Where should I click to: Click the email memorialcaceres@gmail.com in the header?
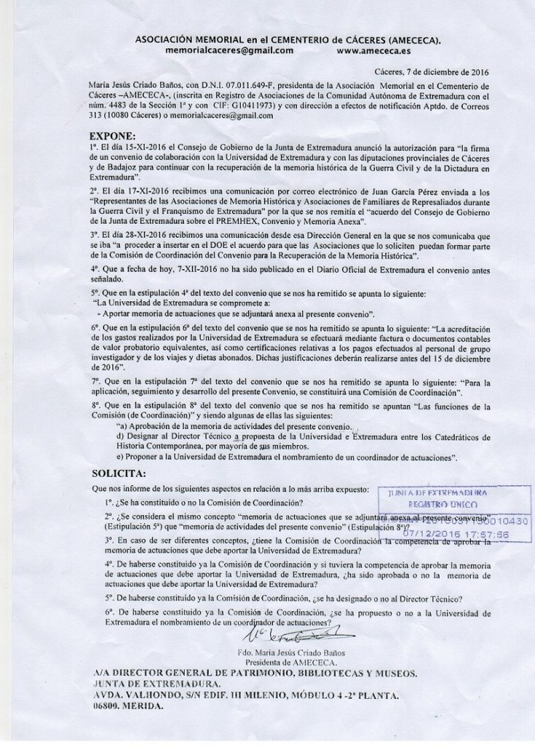tap(229, 51)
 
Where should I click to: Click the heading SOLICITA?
tap(116, 473)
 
